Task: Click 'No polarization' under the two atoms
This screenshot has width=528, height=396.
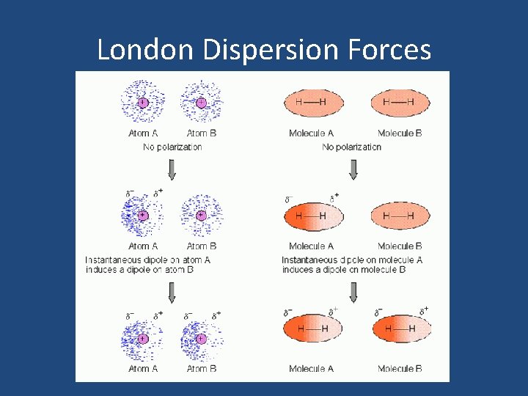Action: [x=172, y=147]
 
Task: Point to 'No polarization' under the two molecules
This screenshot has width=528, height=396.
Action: [x=352, y=147]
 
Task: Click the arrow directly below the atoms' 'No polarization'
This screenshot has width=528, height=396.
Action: [x=172, y=169]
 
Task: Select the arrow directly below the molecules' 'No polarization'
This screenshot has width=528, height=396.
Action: [x=353, y=169]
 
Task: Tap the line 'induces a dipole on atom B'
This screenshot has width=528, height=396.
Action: [x=144, y=270]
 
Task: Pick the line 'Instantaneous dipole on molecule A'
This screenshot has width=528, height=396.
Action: [x=352, y=260]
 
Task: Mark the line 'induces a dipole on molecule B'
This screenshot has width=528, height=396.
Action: [x=343, y=270]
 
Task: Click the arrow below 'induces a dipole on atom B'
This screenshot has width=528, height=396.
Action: [x=172, y=293]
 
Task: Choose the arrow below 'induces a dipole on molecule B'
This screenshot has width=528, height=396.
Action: [x=353, y=293]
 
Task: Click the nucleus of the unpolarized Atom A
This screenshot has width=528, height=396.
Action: [x=142, y=103]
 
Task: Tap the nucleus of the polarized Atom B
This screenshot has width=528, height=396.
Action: [x=201, y=339]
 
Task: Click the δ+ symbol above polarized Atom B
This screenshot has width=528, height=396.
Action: [x=217, y=315]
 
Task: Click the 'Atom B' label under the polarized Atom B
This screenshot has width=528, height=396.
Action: [x=202, y=369]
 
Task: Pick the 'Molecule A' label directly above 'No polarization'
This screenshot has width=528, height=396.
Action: [x=312, y=133]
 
